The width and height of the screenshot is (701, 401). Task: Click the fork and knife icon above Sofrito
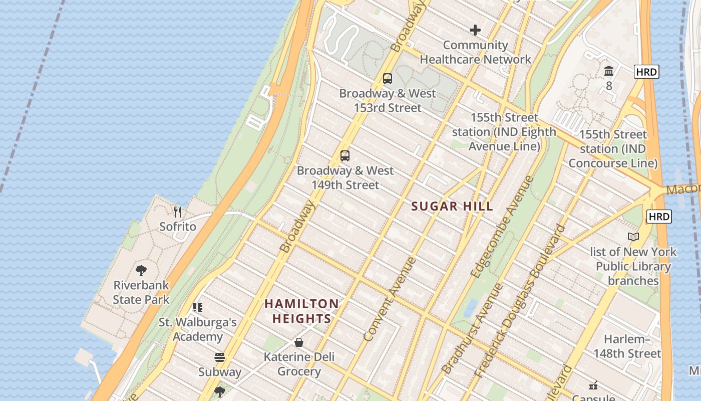click(x=178, y=212)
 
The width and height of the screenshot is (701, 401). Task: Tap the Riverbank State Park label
click(x=141, y=292)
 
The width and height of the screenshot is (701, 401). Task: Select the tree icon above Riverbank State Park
click(x=141, y=271)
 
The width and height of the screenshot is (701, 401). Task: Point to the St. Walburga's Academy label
click(x=198, y=329)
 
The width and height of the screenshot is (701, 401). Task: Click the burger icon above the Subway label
click(x=220, y=357)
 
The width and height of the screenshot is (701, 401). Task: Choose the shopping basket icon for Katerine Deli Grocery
click(x=299, y=342)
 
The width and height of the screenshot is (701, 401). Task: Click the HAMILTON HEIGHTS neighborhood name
click(x=301, y=311)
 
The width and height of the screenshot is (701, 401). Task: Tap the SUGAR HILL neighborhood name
click(x=452, y=206)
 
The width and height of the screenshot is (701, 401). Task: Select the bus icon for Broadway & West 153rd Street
click(x=388, y=79)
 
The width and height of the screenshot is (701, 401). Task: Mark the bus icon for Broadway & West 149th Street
click(x=345, y=156)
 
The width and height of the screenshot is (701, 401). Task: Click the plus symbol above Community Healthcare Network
click(x=475, y=31)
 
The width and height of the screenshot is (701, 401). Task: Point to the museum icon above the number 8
click(x=609, y=71)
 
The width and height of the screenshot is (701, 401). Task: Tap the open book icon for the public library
click(x=633, y=237)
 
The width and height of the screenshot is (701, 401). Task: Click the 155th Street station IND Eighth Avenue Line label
click(x=504, y=132)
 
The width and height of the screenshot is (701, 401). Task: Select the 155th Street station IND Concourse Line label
click(x=613, y=149)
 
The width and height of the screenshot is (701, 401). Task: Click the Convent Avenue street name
click(x=390, y=300)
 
